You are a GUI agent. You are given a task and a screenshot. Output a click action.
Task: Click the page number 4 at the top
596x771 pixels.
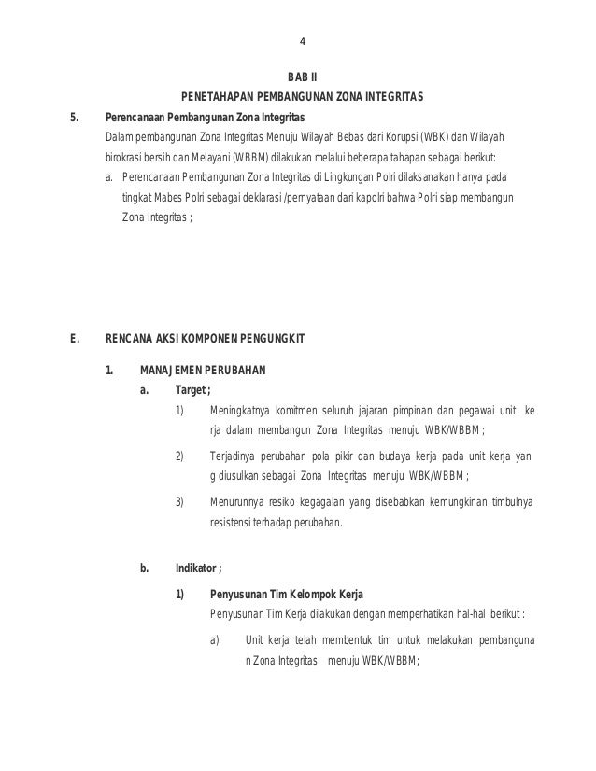pyautogui.click(x=302, y=41)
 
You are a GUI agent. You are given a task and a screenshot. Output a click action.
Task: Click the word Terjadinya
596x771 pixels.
pyautogui.click(x=235, y=456)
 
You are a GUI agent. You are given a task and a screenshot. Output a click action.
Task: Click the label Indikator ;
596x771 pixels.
pyautogui.click(x=198, y=568)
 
